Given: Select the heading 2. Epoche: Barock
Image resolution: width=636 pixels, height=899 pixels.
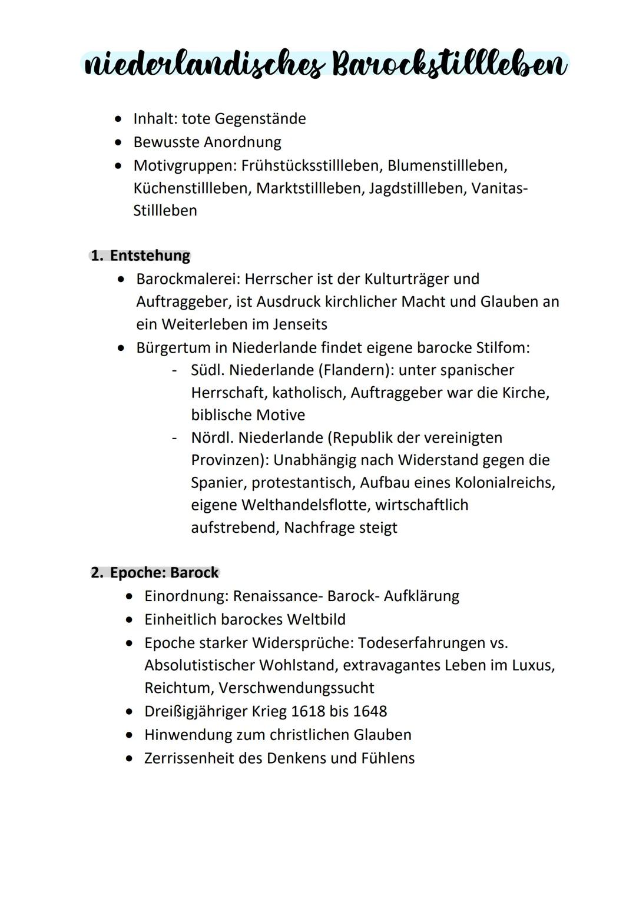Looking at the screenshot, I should click(x=155, y=572).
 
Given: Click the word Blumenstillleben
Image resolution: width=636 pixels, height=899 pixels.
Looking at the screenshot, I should click(x=447, y=165).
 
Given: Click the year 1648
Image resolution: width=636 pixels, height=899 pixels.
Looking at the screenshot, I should click(x=370, y=711).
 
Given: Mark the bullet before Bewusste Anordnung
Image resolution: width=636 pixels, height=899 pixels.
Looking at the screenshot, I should click(x=120, y=142).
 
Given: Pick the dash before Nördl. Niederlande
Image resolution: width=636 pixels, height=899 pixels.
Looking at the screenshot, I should click(x=174, y=438).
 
